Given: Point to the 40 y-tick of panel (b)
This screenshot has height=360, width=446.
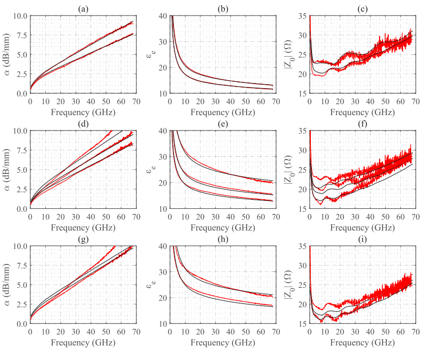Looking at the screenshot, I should tap(162, 15).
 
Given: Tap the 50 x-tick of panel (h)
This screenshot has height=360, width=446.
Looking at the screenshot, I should tap(245, 331).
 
